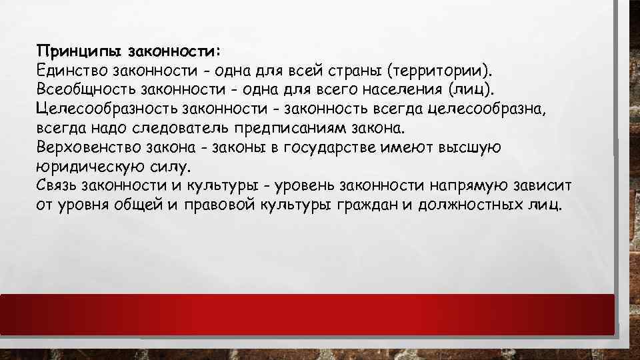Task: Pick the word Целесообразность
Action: [x=103, y=108]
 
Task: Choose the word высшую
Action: [x=473, y=147]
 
